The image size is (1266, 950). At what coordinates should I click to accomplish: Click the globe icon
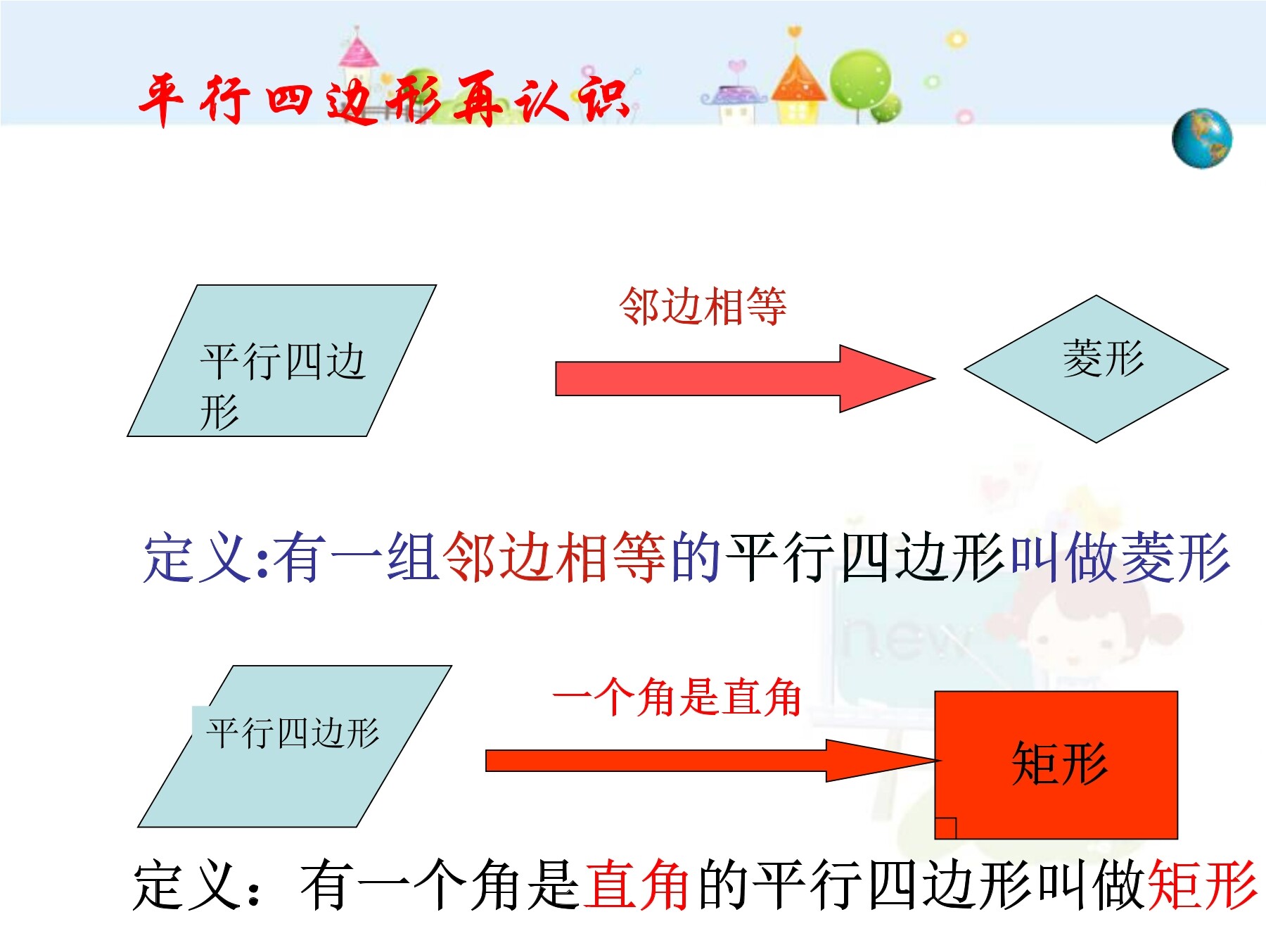[1202, 139]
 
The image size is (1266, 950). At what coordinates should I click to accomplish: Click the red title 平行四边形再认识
[383, 100]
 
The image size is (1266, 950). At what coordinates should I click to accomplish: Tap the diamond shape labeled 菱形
[1096, 369]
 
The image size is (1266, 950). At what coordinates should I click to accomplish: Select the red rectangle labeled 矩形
[1056, 765]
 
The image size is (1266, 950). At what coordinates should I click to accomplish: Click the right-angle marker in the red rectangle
[946, 828]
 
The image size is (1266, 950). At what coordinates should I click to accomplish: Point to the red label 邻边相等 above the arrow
[703, 307]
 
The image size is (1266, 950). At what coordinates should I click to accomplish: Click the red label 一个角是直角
[677, 697]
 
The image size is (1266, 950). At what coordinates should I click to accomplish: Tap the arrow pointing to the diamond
[746, 379]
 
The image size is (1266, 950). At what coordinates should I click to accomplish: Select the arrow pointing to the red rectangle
[713, 761]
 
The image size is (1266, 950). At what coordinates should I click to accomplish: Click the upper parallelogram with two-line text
[282, 360]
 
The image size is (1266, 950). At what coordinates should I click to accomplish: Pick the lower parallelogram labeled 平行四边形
[295, 746]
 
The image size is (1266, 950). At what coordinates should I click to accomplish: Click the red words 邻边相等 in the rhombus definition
[555, 557]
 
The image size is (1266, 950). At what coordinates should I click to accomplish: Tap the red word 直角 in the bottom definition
[637, 885]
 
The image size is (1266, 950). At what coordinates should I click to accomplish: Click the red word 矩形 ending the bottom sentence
[1203, 885]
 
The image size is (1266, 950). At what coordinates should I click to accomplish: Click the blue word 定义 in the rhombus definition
[198, 557]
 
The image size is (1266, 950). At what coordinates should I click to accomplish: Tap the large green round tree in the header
[860, 79]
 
